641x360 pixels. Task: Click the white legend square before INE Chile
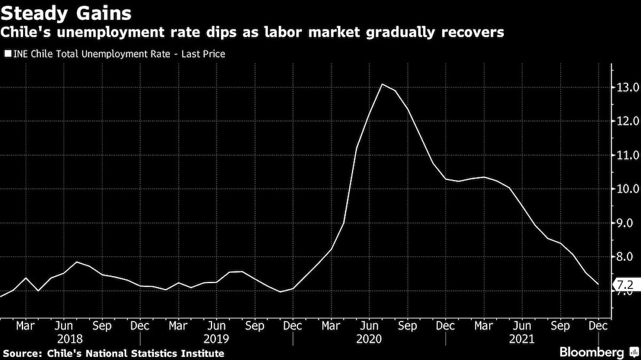(x=8, y=54)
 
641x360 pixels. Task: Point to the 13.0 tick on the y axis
(x=627, y=87)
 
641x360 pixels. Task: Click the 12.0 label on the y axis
(x=627, y=121)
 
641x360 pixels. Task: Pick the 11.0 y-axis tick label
(x=627, y=155)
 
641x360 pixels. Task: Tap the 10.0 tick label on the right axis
(x=627, y=189)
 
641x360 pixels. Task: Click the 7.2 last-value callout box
(x=626, y=284)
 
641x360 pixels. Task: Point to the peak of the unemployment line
(x=382, y=84)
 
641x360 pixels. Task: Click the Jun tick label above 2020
(x=369, y=325)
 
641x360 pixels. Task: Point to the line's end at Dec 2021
(x=599, y=284)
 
